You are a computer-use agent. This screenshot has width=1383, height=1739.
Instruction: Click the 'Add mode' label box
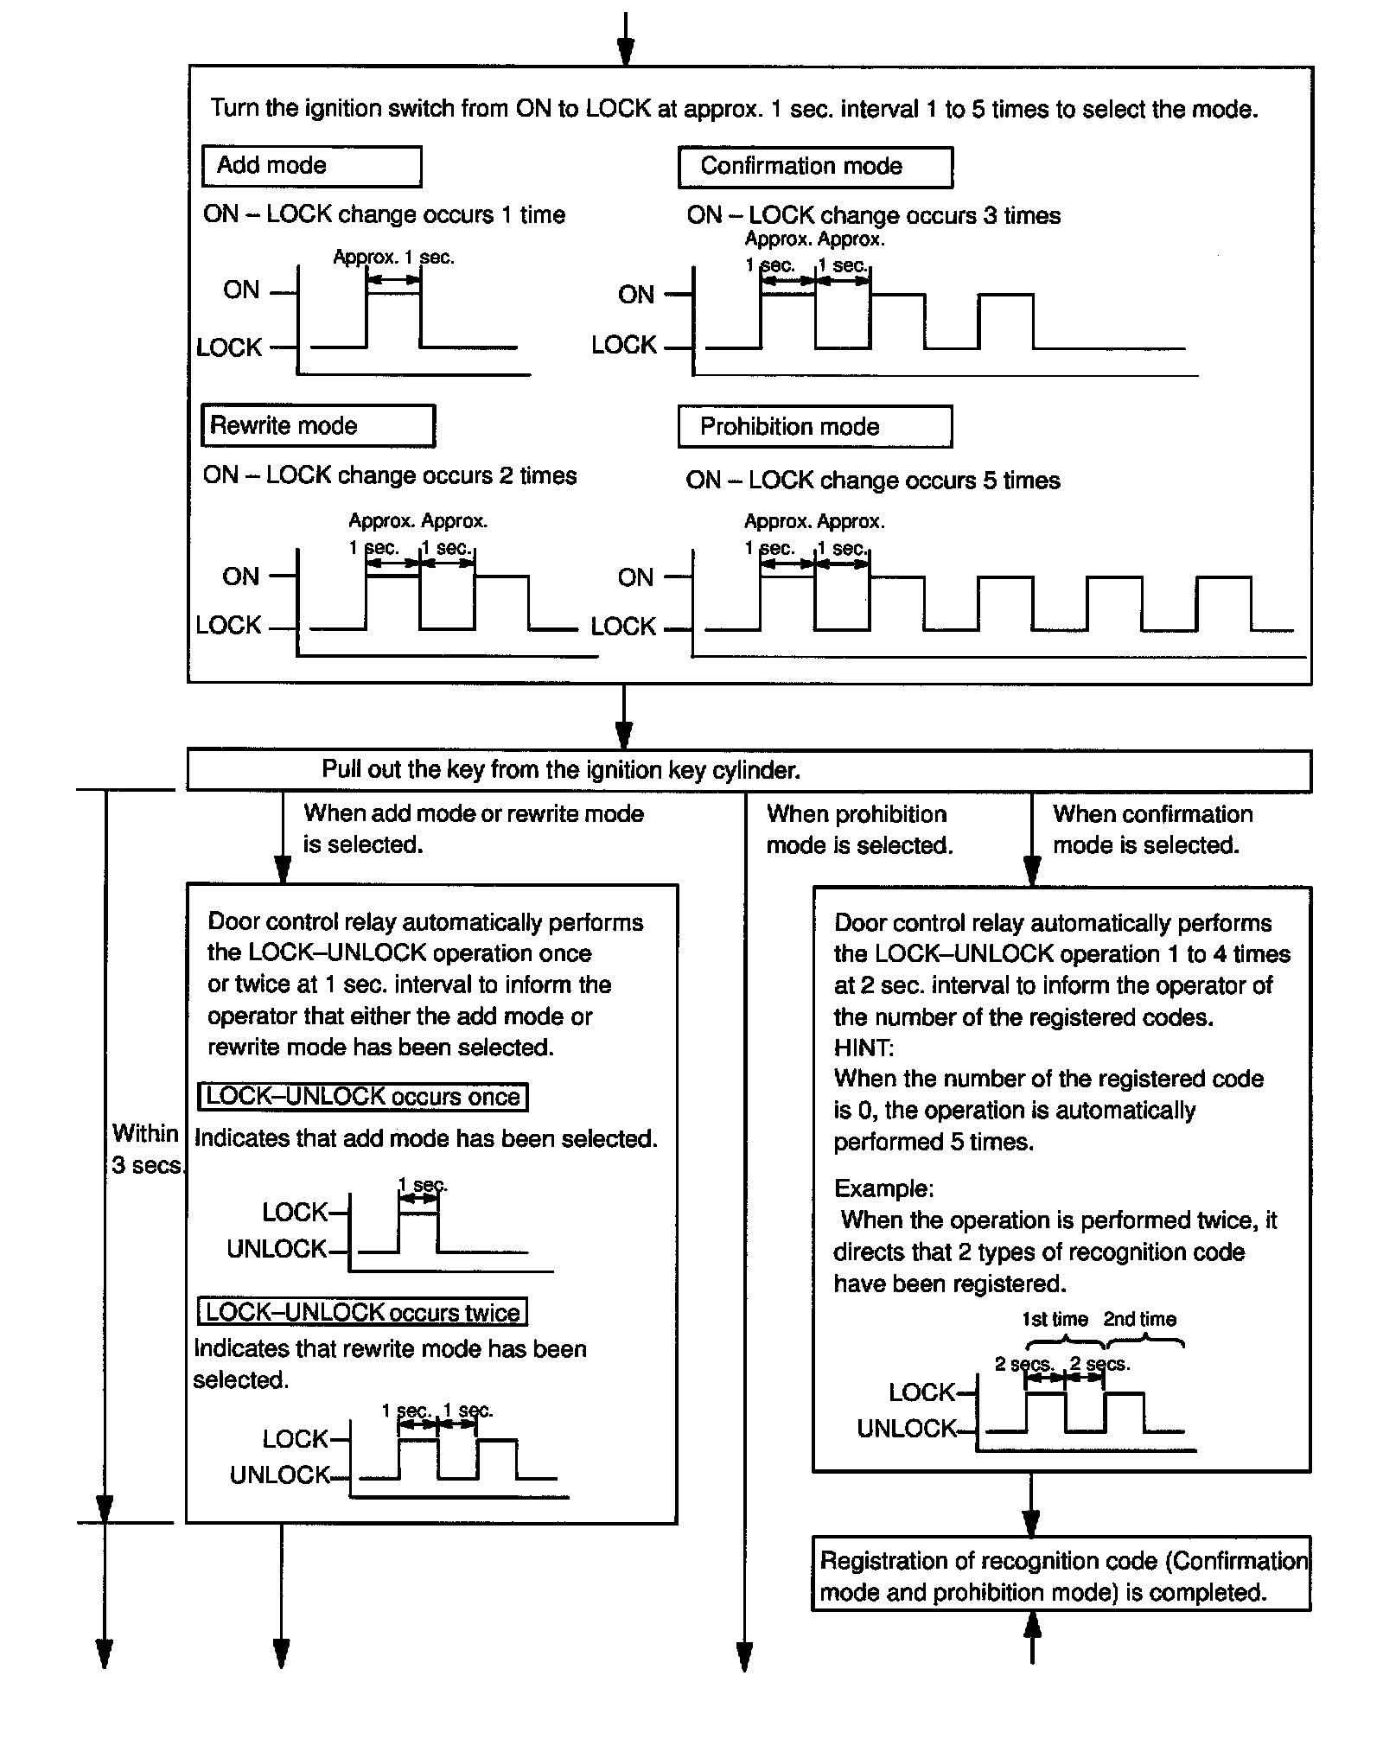[311, 166]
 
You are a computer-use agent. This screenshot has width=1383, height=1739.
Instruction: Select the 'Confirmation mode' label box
[815, 167]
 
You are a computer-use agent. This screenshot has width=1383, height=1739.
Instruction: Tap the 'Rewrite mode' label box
[317, 426]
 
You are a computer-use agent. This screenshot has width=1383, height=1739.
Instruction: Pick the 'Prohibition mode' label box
[814, 427]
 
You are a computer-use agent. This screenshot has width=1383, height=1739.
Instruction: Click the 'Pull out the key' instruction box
[749, 770]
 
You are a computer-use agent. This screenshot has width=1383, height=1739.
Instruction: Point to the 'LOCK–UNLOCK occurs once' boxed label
[363, 1097]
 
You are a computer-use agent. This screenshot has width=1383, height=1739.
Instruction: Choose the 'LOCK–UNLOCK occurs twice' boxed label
[363, 1312]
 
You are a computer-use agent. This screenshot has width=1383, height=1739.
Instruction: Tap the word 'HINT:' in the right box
[864, 1048]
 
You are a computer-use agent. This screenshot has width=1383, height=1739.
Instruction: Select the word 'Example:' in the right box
[883, 1188]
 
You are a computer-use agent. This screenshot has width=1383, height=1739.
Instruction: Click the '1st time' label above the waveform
[1055, 1320]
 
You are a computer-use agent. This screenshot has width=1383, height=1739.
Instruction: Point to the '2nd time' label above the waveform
[1139, 1320]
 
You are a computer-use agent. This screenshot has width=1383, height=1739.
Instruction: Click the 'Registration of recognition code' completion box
[1061, 1577]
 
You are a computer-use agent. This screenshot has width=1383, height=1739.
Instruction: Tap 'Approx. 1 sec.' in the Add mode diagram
[393, 258]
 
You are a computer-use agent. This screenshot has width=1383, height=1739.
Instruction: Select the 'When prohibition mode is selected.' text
[859, 830]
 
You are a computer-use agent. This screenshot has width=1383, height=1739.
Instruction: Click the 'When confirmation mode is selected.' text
[1151, 830]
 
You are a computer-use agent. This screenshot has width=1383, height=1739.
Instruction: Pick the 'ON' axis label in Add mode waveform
[241, 290]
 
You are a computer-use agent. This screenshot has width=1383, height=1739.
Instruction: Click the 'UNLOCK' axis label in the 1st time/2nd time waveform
[907, 1429]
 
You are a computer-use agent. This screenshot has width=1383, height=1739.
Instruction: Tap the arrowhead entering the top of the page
[626, 52]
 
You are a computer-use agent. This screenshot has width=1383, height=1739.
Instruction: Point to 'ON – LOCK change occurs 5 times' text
[873, 481]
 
